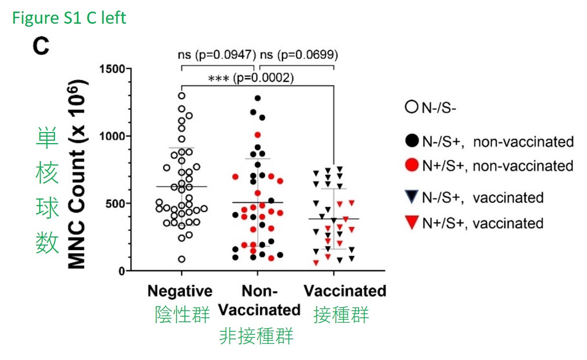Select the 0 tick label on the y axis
pyautogui.click(x=122, y=271)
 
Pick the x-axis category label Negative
pyautogui.click(x=180, y=291)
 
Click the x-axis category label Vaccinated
pyautogui.click(x=344, y=291)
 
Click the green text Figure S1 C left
pyautogui.click(x=69, y=18)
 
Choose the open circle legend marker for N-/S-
pyautogui.click(x=409, y=108)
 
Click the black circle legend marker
pyautogui.click(x=409, y=142)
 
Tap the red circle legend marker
pyautogui.click(x=409, y=165)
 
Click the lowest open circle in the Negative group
pyautogui.click(x=181, y=259)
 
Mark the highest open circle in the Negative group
pyautogui.click(x=182, y=96)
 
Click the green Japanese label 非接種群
pyautogui.click(x=256, y=337)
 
